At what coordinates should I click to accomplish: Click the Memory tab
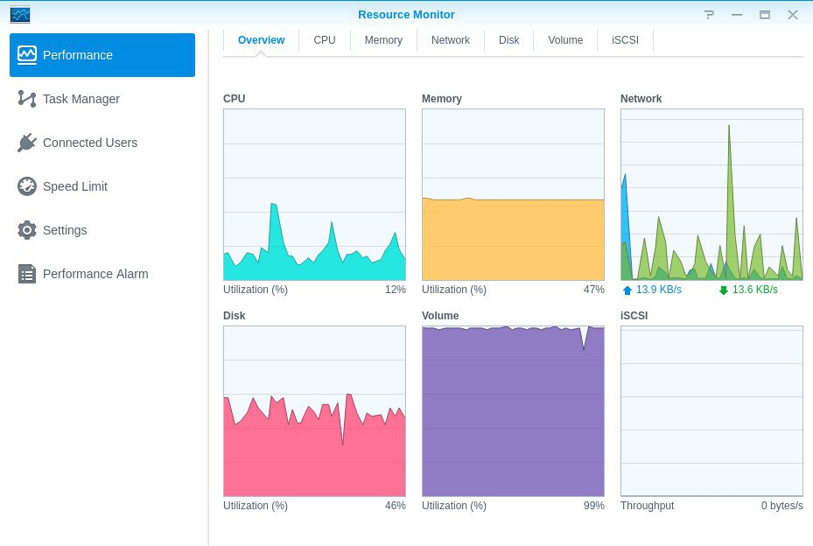pos(383,40)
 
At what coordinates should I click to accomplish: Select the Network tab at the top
pos(451,40)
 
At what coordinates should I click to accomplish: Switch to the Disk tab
pos(508,40)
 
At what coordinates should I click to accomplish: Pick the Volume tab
pos(565,40)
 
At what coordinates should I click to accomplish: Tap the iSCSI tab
pos(625,40)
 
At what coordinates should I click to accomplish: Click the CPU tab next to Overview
pos(325,40)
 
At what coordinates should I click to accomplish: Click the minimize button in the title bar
pos(737,15)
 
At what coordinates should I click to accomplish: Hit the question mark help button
pos(710,15)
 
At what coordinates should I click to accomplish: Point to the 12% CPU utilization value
pos(395,290)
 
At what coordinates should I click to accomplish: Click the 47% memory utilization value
pos(593,290)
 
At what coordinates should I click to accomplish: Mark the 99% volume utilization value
pos(593,506)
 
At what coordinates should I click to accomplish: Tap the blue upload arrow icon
pos(627,290)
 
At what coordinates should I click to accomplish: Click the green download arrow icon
pos(724,290)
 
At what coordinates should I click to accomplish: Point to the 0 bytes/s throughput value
pos(781,506)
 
